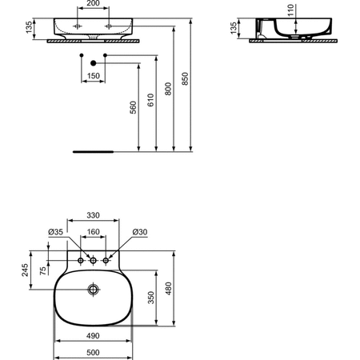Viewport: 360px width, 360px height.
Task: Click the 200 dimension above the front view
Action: pyautogui.click(x=93, y=3)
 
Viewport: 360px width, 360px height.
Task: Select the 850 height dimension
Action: pyautogui.click(x=185, y=78)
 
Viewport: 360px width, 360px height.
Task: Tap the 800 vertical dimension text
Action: pyautogui.click(x=168, y=89)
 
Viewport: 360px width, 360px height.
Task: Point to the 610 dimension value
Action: pyautogui.click(x=150, y=100)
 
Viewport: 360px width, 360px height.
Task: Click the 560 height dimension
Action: pyautogui.click(x=133, y=107)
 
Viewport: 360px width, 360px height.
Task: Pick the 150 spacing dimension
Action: pyautogui.click(x=94, y=76)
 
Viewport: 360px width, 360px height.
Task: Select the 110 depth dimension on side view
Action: pyautogui.click(x=290, y=10)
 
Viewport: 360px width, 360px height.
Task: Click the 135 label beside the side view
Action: pyautogui.click(x=234, y=28)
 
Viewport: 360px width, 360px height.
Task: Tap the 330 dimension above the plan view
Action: pyautogui.click(x=93, y=215)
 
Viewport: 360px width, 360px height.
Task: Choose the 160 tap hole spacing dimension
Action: pyautogui.click(x=94, y=232)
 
